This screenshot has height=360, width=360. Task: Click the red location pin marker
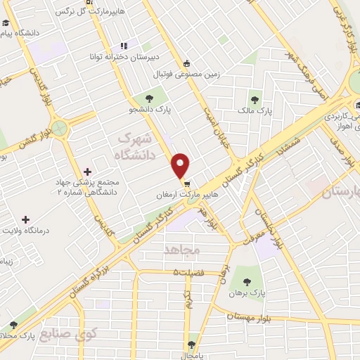click(181, 165)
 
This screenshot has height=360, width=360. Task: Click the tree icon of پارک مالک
click(255, 99)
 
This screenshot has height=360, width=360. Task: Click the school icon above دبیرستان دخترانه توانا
click(124, 45)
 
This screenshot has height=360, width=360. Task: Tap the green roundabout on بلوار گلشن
click(59, 128)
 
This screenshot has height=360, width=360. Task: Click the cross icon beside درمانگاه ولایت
click(25, 220)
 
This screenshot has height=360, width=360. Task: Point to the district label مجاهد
click(182, 250)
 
